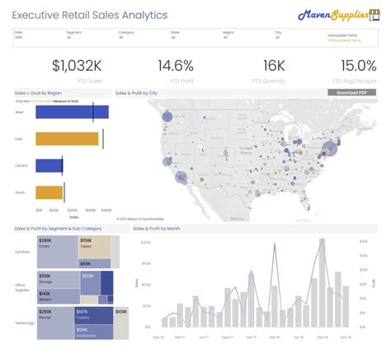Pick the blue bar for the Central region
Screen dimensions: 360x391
(49, 166)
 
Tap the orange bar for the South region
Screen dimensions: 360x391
(49, 192)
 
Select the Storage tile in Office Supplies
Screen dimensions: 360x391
(57, 278)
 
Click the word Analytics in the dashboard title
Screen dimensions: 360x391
(144, 15)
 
